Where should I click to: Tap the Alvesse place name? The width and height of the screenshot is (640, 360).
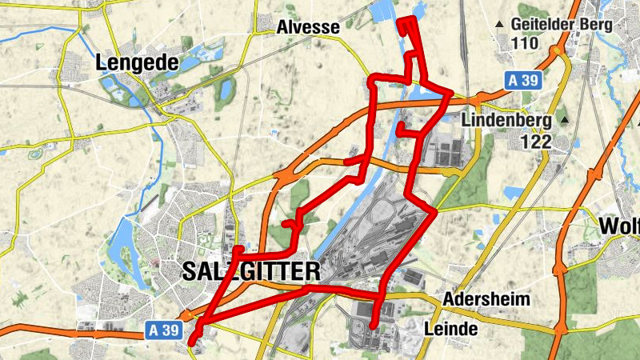308,27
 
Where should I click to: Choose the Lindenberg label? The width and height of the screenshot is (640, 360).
507,122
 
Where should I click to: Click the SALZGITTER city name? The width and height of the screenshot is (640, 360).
250,271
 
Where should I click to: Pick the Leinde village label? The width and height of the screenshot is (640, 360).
450,329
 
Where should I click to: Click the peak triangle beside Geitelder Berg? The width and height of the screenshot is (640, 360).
500,24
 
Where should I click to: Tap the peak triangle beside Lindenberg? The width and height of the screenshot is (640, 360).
564,120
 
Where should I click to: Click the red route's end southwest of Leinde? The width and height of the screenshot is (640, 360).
373,325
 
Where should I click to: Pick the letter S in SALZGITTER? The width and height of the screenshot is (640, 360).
190,271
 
